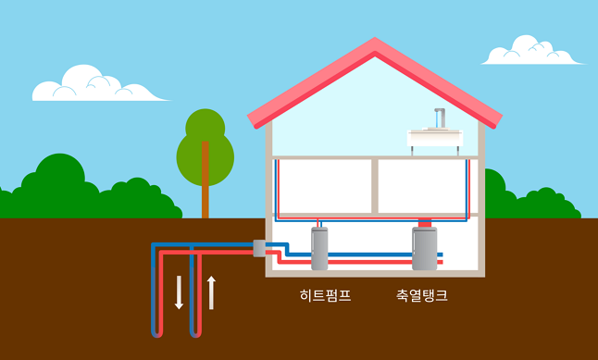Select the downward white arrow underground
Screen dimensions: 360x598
click(x=180, y=292)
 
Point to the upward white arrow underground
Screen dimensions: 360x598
click(x=212, y=292)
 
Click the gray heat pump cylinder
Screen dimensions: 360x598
click(x=319, y=248)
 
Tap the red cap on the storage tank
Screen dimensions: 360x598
click(x=425, y=223)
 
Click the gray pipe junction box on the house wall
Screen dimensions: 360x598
click(x=259, y=248)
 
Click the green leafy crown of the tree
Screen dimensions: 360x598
click(x=206, y=143)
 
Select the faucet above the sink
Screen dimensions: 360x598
click(x=440, y=119)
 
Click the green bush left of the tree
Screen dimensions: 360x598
click(x=56, y=190)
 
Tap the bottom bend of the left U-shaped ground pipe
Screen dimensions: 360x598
click(x=158, y=334)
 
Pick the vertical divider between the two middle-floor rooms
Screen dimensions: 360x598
click(x=373, y=186)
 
